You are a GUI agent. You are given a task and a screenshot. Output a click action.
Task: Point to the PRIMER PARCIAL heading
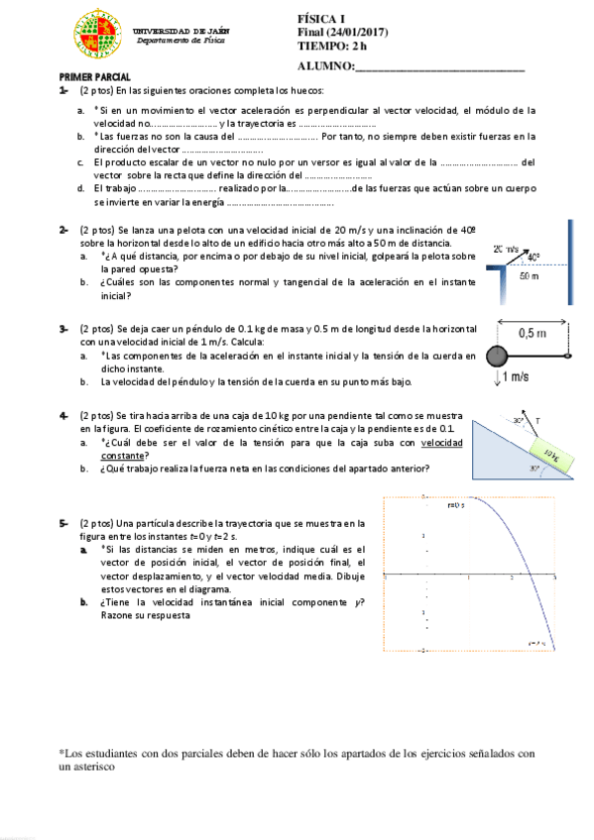point(90,77)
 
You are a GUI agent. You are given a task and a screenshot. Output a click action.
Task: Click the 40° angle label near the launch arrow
point(535,258)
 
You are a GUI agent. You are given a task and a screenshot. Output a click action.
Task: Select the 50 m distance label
point(530,277)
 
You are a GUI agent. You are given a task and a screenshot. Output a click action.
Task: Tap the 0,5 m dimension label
point(533,333)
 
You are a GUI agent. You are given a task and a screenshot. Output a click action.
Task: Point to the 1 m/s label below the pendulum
point(515,377)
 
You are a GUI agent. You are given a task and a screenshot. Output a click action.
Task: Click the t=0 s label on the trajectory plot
point(456,505)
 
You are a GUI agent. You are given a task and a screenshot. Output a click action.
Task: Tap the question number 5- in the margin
point(63,522)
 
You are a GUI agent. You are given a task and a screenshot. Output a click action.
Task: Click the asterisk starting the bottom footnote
point(61,752)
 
